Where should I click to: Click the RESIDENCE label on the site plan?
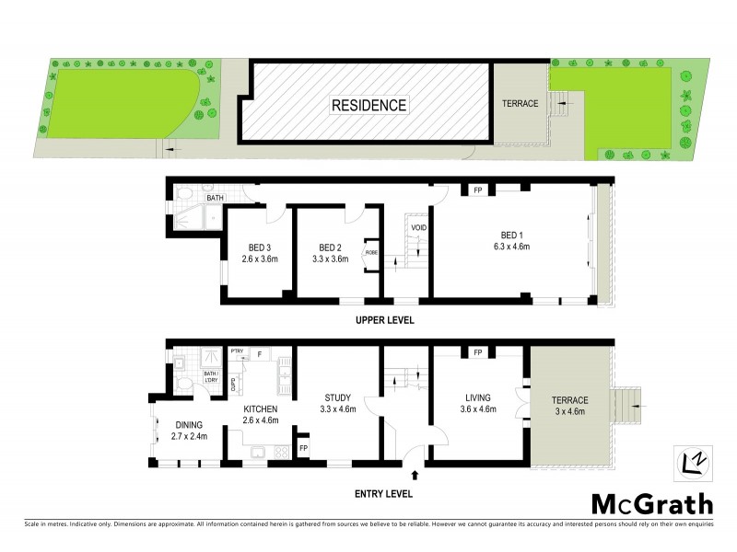(x=368, y=105)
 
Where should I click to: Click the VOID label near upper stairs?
(x=417, y=226)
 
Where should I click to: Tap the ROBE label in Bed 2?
(x=371, y=252)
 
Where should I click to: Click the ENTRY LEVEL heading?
(x=383, y=494)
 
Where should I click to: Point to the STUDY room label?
(x=337, y=398)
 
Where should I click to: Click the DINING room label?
(x=189, y=424)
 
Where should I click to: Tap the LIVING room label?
(x=479, y=398)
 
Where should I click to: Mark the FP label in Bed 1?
(x=478, y=190)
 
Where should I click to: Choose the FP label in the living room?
(x=478, y=352)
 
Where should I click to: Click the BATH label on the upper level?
(x=215, y=198)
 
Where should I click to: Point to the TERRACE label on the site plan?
(x=520, y=103)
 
